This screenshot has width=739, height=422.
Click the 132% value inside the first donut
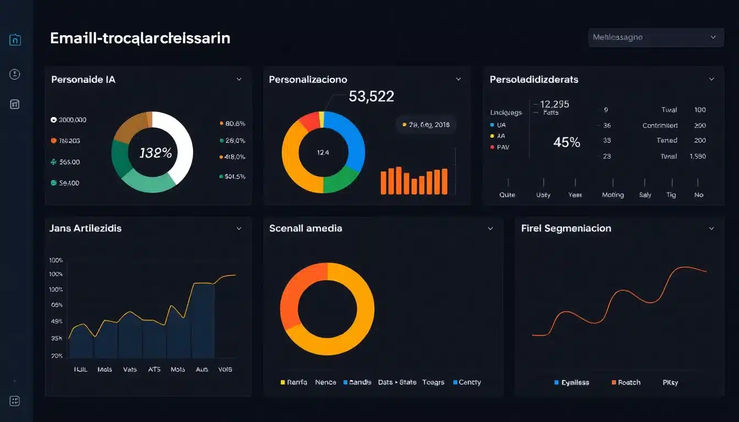click(156, 153)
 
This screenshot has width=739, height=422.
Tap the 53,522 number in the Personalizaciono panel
click(371, 97)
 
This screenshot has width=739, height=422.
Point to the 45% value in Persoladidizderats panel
click(566, 142)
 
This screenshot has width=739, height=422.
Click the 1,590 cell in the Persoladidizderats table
click(698, 156)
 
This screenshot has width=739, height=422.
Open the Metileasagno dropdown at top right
click(655, 37)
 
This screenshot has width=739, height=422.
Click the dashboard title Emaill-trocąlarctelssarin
click(140, 38)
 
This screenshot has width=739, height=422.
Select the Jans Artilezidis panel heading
click(85, 228)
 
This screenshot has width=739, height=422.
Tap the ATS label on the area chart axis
click(154, 369)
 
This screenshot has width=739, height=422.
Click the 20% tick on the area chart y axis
click(57, 356)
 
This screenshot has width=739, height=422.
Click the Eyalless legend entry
click(573, 382)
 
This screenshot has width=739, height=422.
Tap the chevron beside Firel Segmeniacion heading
click(712, 228)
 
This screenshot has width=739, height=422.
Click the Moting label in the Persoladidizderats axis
click(613, 195)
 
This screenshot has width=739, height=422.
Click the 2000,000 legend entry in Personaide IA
click(69, 120)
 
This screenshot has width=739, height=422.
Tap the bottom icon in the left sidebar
click(15, 401)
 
